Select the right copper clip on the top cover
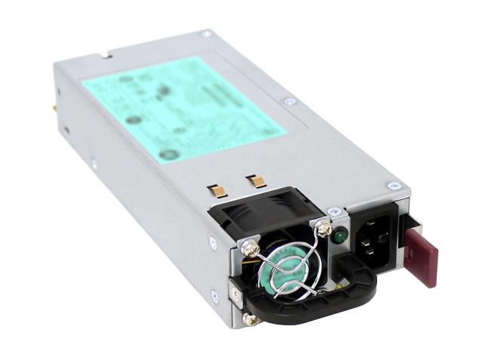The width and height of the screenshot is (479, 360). (256, 181)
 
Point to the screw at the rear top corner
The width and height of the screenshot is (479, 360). (204, 34)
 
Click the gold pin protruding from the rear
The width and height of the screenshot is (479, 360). (57, 108)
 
